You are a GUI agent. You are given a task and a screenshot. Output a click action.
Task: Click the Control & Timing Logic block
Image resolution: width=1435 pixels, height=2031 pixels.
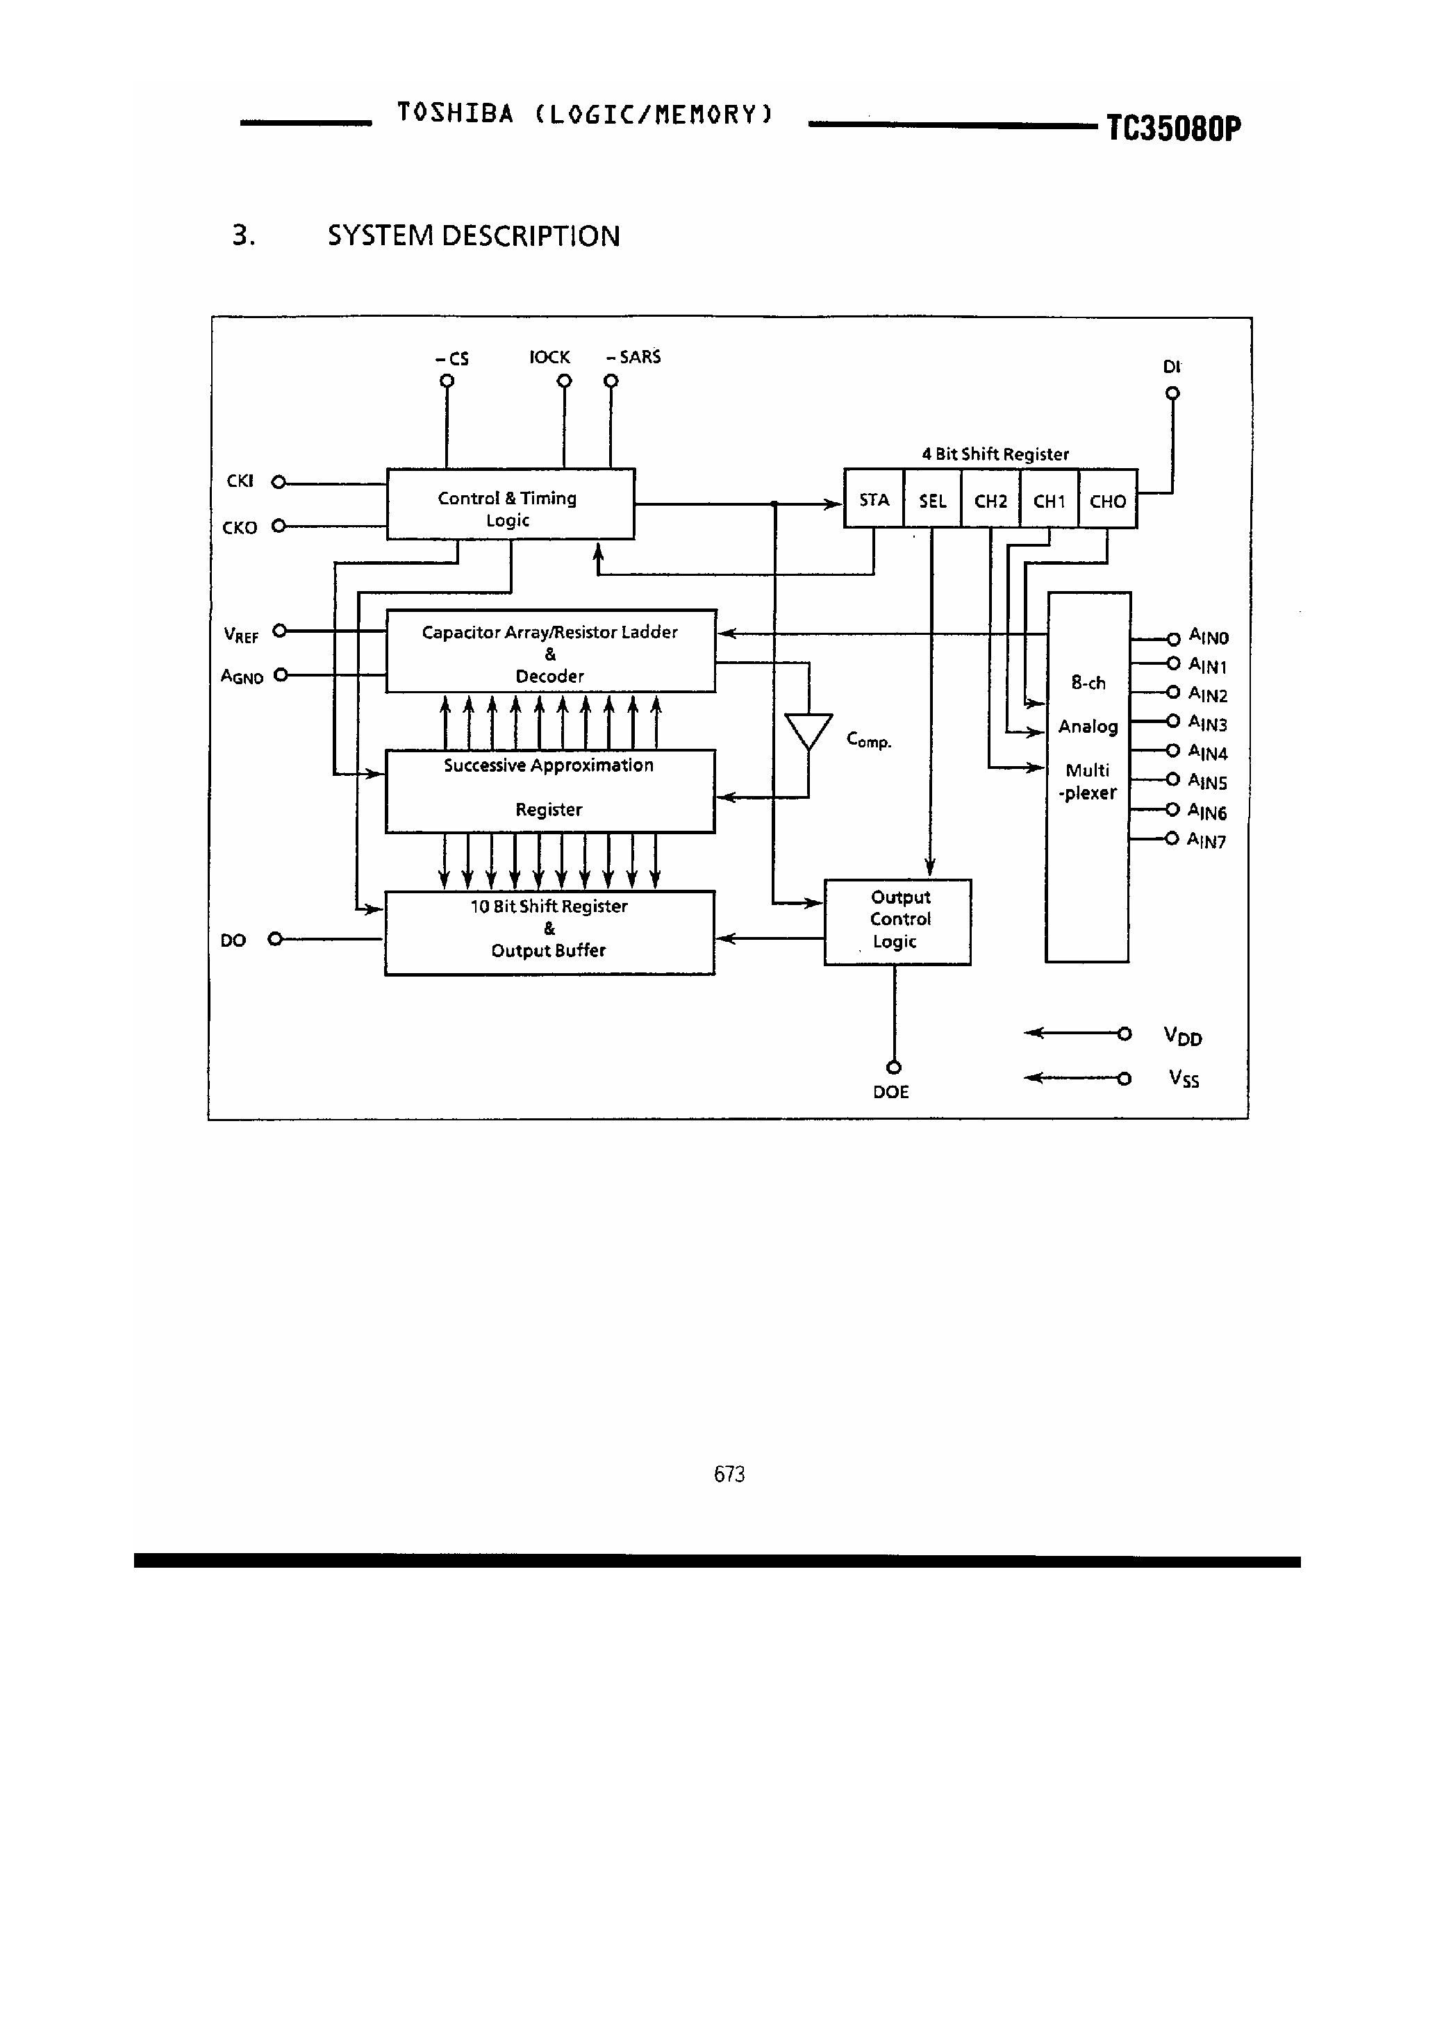(511, 504)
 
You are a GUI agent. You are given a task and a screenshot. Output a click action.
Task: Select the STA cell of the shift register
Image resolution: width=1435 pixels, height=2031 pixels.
(873, 500)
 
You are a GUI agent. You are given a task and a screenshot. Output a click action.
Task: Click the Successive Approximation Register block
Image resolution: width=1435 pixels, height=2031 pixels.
(549, 790)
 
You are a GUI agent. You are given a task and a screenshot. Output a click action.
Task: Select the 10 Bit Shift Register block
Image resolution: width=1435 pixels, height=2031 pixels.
(549, 931)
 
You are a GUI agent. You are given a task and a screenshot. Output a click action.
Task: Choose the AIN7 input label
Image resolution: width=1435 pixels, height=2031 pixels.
(1206, 840)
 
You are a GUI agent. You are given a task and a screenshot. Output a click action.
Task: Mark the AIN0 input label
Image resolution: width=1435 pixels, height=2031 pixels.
(1209, 636)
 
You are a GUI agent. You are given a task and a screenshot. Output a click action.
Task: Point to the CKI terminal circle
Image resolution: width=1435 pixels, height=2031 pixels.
(279, 482)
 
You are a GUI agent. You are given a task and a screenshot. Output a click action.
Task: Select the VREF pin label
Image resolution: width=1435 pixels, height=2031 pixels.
(240, 635)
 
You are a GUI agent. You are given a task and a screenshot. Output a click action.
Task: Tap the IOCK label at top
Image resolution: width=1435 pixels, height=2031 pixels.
(549, 358)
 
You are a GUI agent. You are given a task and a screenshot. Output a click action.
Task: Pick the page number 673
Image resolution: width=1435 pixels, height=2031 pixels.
(729, 1474)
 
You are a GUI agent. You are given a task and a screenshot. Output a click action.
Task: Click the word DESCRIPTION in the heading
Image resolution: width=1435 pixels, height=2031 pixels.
(530, 236)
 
